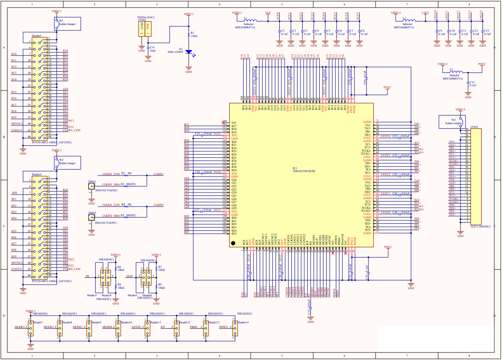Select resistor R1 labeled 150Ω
[x=188, y=34]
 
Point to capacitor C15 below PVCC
[x=468, y=84]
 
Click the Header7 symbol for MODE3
[x=30, y=327]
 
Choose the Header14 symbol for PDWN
[x=235, y=327]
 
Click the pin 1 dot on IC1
[x=234, y=243]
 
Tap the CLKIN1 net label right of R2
[x=159, y=173]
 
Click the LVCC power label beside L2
[x=425, y=13]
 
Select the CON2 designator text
[x=474, y=127]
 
